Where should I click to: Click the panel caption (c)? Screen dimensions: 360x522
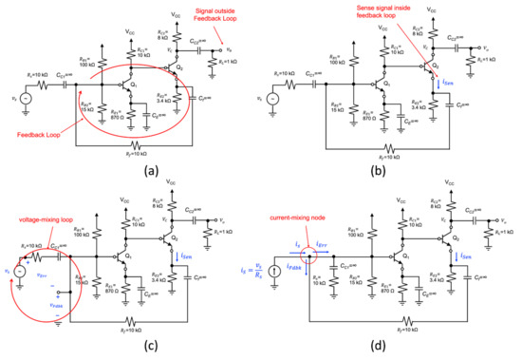130,348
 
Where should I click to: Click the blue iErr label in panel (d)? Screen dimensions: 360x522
324,221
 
